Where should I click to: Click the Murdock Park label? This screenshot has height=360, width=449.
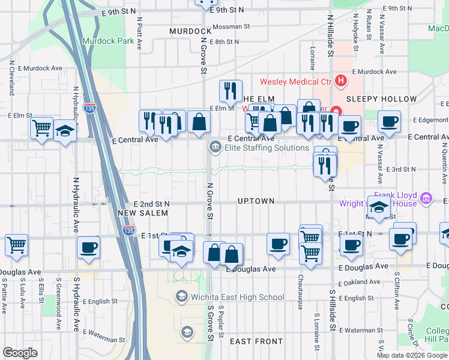108,41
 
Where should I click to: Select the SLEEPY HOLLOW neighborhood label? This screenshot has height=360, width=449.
382,99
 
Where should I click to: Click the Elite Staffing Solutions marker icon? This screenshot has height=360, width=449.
214,147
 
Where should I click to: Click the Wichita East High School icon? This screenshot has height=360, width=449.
181,296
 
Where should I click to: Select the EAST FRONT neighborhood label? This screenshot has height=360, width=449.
256,341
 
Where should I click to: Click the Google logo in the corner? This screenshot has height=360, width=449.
20,353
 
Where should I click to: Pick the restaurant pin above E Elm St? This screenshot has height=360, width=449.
231,91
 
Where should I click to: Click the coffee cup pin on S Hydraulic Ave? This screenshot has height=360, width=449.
88,247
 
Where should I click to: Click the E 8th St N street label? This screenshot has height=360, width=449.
219,42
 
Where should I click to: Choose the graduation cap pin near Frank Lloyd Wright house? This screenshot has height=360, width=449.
379,207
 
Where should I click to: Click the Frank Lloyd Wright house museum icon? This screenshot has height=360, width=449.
426,198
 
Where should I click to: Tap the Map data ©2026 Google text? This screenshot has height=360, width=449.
411,355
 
